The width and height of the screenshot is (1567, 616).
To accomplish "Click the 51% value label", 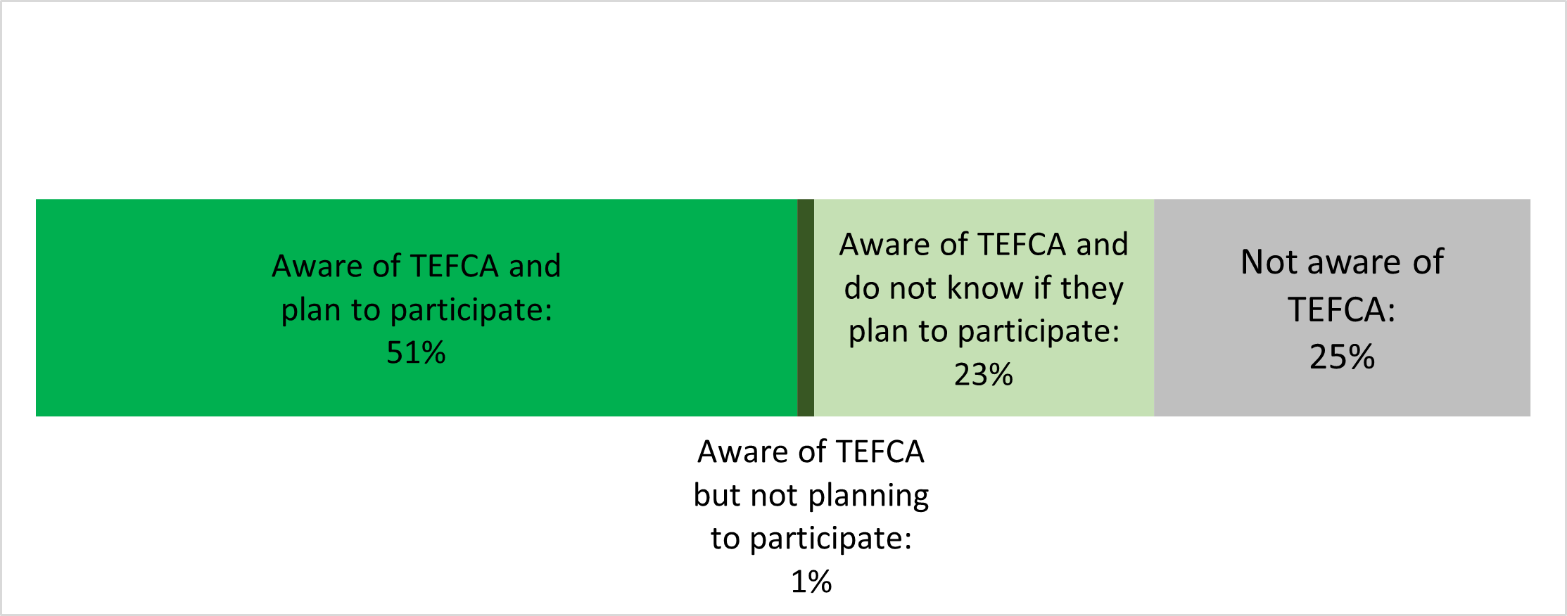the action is (x=416, y=352).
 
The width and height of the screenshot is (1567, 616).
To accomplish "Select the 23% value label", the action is (x=984, y=374).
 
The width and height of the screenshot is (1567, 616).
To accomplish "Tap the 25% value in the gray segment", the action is (x=1342, y=357).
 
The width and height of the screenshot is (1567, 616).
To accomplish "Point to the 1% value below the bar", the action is (x=811, y=582).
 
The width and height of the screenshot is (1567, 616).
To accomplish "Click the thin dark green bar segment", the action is (x=806, y=307).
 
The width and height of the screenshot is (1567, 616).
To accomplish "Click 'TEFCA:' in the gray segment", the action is (x=1342, y=309).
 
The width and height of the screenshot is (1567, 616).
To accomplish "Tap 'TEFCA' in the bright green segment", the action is (x=455, y=266).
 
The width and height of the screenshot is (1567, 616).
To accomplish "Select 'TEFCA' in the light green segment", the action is (x=1022, y=245).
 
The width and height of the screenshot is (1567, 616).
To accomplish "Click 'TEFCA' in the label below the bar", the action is (x=880, y=451).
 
